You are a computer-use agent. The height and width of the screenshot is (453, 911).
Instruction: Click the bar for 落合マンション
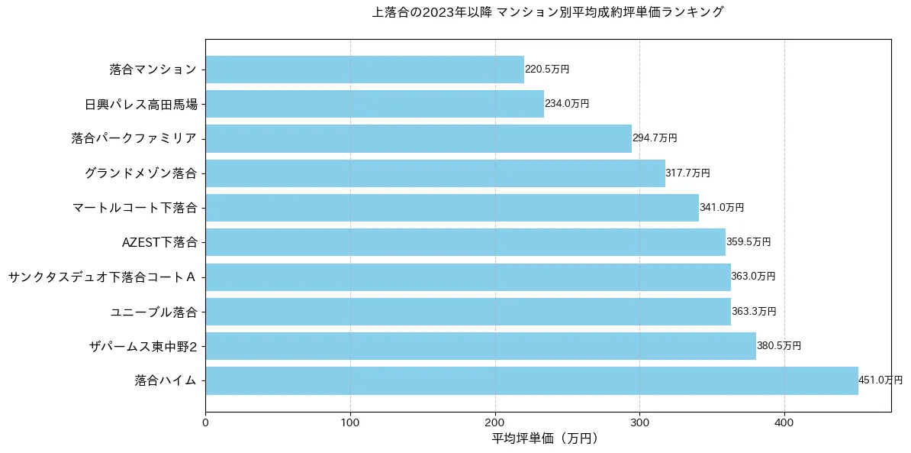[365, 70]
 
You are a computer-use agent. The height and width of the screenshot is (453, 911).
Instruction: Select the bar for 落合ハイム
[532, 380]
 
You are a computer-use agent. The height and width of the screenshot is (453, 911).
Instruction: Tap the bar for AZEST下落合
[465, 242]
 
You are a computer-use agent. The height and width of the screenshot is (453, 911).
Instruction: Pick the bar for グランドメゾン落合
[435, 173]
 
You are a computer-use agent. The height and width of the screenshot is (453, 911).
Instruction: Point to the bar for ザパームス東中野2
[481, 346]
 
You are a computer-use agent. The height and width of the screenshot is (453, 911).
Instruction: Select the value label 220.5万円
[547, 70]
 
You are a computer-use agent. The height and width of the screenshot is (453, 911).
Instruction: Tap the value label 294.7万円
[655, 138]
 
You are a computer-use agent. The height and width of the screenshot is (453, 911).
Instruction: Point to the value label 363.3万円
[754, 312]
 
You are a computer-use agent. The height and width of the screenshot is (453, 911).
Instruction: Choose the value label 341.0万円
[722, 208]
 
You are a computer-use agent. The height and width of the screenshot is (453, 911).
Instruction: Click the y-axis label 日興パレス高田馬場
[141, 104]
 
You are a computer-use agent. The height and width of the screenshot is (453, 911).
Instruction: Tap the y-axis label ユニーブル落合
[154, 312]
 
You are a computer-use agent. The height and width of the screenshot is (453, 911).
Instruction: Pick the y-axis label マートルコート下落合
[135, 208]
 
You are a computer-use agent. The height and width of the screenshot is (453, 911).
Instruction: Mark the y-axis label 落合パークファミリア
[135, 138]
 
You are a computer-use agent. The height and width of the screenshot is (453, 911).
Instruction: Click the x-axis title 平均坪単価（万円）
[548, 438]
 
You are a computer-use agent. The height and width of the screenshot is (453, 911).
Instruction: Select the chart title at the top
[548, 12]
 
